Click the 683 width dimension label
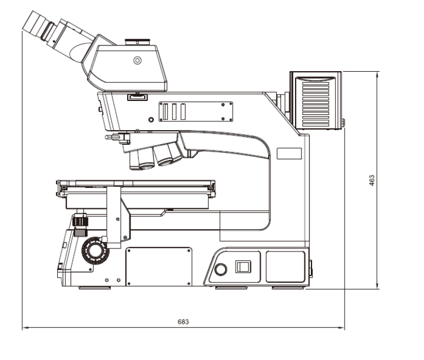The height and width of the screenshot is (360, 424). click(183, 321)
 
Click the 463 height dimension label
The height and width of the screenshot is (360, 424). click(372, 180)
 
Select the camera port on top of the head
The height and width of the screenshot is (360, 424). click(138, 42)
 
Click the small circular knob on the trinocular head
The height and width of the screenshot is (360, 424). click(138, 60)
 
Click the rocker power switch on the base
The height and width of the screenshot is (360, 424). click(243, 267)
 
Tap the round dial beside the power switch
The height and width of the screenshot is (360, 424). click(220, 270)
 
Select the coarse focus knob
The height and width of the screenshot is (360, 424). click(96, 250)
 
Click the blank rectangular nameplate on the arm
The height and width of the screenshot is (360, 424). click(289, 153)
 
